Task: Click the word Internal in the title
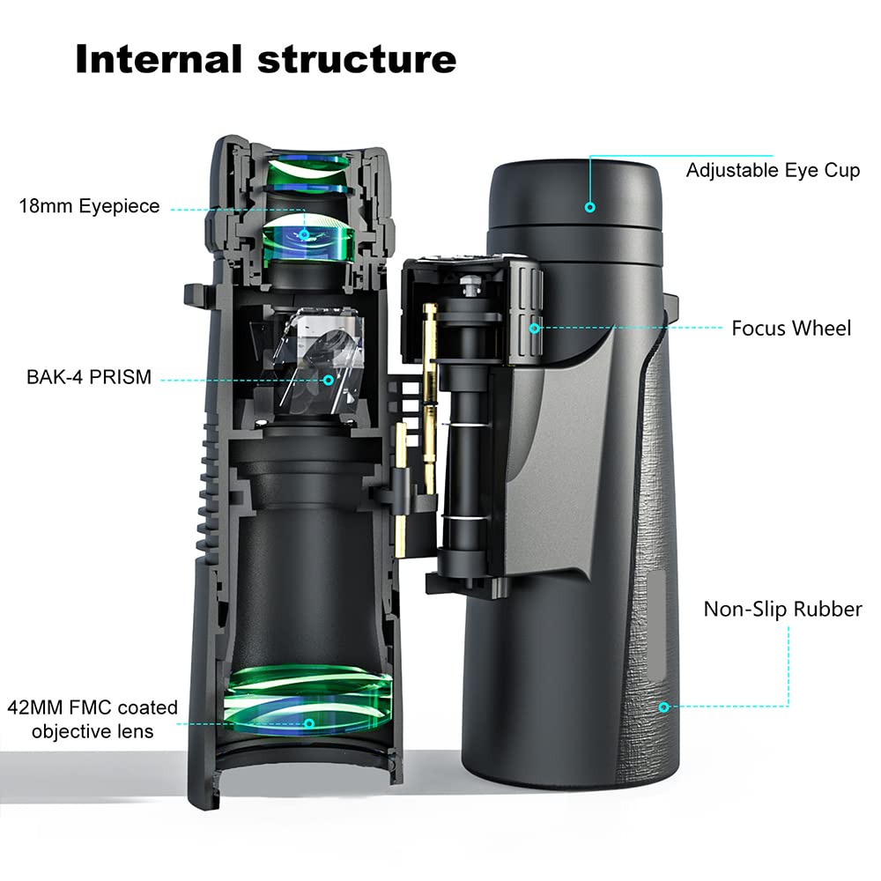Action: (x=157, y=59)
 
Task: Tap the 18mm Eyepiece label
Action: (x=90, y=206)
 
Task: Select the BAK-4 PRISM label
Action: (x=88, y=377)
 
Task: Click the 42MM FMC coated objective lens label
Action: (x=93, y=719)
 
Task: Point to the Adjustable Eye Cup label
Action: (x=773, y=170)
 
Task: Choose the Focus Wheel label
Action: (x=791, y=329)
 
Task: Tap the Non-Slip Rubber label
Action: (x=782, y=609)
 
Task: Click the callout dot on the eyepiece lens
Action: (x=305, y=234)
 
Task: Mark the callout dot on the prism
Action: (x=329, y=381)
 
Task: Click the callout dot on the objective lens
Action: (x=309, y=723)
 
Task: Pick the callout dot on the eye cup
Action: (x=590, y=208)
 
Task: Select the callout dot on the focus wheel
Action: (x=535, y=329)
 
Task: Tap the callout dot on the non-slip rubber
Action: (x=664, y=707)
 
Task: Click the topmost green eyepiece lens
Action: (x=308, y=167)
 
